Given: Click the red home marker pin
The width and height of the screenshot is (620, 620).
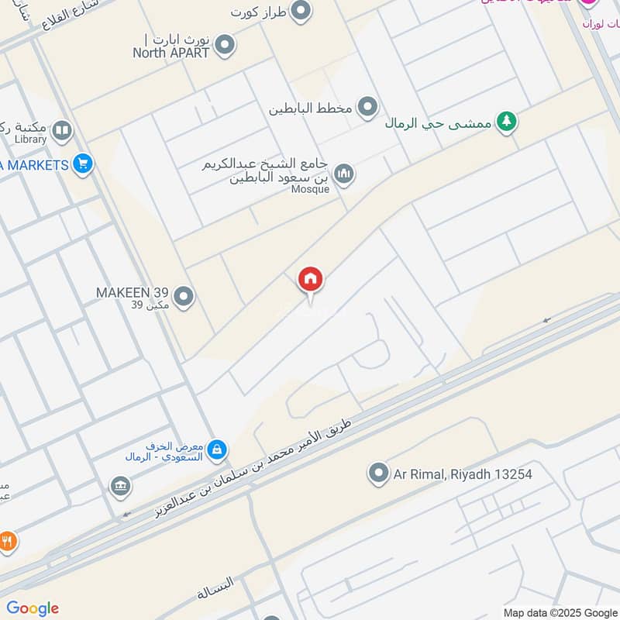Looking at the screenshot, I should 311,279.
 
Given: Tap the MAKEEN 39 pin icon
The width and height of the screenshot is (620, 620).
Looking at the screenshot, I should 184,295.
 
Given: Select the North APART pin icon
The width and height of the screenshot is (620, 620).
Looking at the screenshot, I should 225,45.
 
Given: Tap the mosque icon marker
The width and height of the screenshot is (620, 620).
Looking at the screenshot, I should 344,173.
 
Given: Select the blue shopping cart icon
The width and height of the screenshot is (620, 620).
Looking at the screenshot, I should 82,164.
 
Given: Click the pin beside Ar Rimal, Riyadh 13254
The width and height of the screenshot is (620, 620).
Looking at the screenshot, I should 378,472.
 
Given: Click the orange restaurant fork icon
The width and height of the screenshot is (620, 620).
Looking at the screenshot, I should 7,542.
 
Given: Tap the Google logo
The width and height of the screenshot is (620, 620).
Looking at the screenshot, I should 33,608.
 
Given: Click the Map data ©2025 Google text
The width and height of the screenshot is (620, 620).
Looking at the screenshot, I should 560,611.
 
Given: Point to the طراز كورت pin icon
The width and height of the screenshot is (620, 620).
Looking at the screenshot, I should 301,12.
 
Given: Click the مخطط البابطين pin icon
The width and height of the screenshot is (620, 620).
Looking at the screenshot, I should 367,107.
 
